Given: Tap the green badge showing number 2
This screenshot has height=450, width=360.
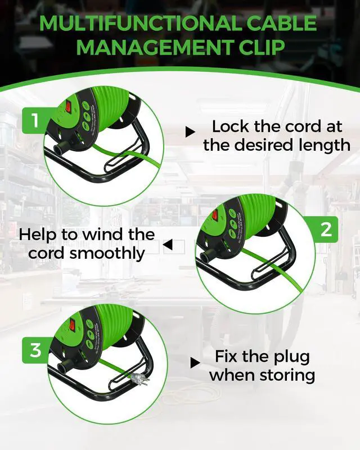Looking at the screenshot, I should point(326,229).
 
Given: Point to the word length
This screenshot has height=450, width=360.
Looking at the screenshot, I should point(327,145).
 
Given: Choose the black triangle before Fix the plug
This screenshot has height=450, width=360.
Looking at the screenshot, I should point(195,361).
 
